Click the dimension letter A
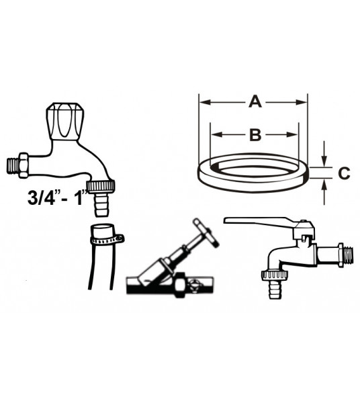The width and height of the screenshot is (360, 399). pos(255,102)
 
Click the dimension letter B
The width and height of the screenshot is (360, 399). pos(255,134)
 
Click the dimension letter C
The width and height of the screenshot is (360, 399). pos(343,173)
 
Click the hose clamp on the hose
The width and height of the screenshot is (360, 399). pos(105,237)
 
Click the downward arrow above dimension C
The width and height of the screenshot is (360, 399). pos(324,156)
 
